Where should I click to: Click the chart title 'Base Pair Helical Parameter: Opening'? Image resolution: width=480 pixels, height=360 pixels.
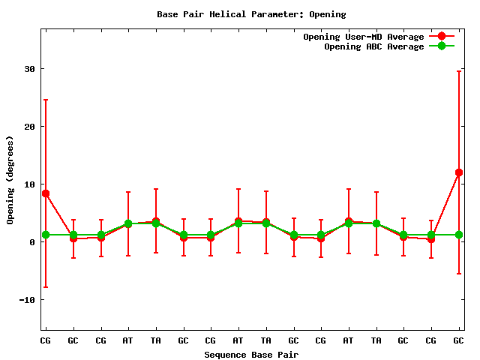(251, 14)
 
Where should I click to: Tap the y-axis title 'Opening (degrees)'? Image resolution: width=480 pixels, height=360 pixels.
(10, 180)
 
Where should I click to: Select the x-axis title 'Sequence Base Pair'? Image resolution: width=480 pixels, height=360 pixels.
(251, 354)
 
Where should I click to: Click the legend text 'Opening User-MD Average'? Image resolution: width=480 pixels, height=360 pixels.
(364, 37)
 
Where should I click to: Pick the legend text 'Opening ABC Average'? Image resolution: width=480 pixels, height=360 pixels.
(374, 46)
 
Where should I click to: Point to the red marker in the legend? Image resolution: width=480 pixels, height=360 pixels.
(442, 37)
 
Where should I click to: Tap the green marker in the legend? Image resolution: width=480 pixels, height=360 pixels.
(442, 46)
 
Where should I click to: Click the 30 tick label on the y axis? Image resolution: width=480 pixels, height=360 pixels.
(29, 69)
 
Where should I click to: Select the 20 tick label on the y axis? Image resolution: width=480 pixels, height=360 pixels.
(29, 127)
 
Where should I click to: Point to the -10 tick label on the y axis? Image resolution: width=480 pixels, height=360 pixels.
(26, 300)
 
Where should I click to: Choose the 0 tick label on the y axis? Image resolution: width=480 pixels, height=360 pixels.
(32, 242)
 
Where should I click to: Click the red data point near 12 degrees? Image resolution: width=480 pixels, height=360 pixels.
(459, 172)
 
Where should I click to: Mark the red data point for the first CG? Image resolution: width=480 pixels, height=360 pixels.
(46, 193)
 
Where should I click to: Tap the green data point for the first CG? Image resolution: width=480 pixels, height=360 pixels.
(46, 235)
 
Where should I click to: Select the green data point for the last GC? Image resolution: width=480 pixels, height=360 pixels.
(459, 235)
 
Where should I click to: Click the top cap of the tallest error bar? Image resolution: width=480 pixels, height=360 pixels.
(459, 71)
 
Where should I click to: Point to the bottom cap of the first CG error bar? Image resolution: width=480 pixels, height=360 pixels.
(46, 287)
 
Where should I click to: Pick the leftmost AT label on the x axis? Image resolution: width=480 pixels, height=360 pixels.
(128, 340)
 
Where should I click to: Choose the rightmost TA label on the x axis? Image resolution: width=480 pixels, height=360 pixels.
(376, 340)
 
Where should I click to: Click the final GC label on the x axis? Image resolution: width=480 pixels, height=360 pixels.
(459, 340)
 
